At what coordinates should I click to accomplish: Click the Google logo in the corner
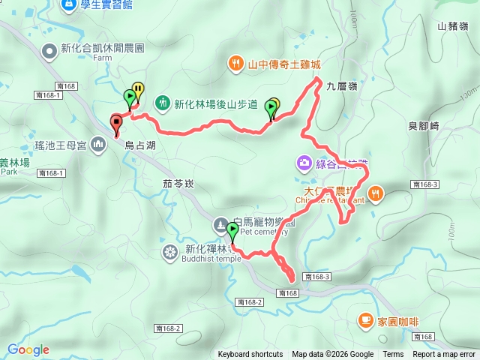(x=28, y=349)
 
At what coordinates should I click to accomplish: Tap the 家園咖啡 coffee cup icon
(x=365, y=320)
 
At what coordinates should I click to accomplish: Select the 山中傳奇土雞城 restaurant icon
(x=236, y=64)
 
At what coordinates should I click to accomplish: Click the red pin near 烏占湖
(x=116, y=124)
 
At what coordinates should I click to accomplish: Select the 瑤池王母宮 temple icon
(x=98, y=143)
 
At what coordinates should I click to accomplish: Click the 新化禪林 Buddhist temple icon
(x=172, y=250)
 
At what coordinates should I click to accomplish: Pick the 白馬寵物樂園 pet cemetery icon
(x=220, y=223)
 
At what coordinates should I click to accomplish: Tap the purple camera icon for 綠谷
(x=303, y=161)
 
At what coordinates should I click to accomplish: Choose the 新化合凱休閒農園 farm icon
(x=49, y=51)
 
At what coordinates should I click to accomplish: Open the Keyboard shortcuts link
(x=250, y=355)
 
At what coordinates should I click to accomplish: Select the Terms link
(x=393, y=355)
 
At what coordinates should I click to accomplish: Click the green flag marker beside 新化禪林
(x=230, y=238)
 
